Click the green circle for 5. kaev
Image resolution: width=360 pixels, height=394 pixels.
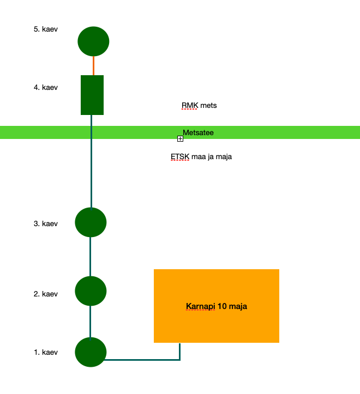point(93,41)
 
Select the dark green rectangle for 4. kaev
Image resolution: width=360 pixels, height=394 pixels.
point(92,95)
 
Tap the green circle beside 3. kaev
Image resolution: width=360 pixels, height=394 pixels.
point(91,222)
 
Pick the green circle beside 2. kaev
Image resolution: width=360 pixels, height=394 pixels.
point(91,291)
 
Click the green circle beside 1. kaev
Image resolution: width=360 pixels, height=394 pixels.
point(91,352)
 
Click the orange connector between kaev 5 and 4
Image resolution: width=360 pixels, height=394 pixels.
point(93,66)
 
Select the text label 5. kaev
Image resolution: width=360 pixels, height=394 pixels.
point(46,29)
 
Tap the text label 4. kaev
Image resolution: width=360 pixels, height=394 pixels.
point(46,87)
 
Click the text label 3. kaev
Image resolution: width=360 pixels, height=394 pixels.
point(46,223)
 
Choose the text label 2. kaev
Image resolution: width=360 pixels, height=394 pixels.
point(46,294)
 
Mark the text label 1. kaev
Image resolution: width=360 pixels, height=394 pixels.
point(46,352)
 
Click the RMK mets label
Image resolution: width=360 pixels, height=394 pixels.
point(199,105)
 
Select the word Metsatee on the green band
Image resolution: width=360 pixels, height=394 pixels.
point(198,132)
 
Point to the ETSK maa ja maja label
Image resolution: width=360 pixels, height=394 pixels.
point(201,157)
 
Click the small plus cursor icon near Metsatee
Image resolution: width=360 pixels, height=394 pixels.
point(180,139)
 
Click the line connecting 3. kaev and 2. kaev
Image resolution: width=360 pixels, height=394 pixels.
point(91,257)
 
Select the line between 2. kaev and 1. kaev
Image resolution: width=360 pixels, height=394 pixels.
point(91,322)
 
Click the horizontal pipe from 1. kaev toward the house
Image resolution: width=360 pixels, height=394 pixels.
point(142,360)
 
